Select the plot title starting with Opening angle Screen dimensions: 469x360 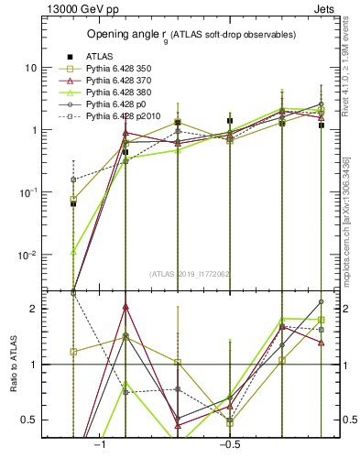point(191,35)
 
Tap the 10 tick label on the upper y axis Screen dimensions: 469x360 point(31,68)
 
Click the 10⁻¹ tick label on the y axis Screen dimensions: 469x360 point(28,191)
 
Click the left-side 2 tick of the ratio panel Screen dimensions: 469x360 point(34,309)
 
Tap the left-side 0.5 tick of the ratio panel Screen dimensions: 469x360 point(30,420)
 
